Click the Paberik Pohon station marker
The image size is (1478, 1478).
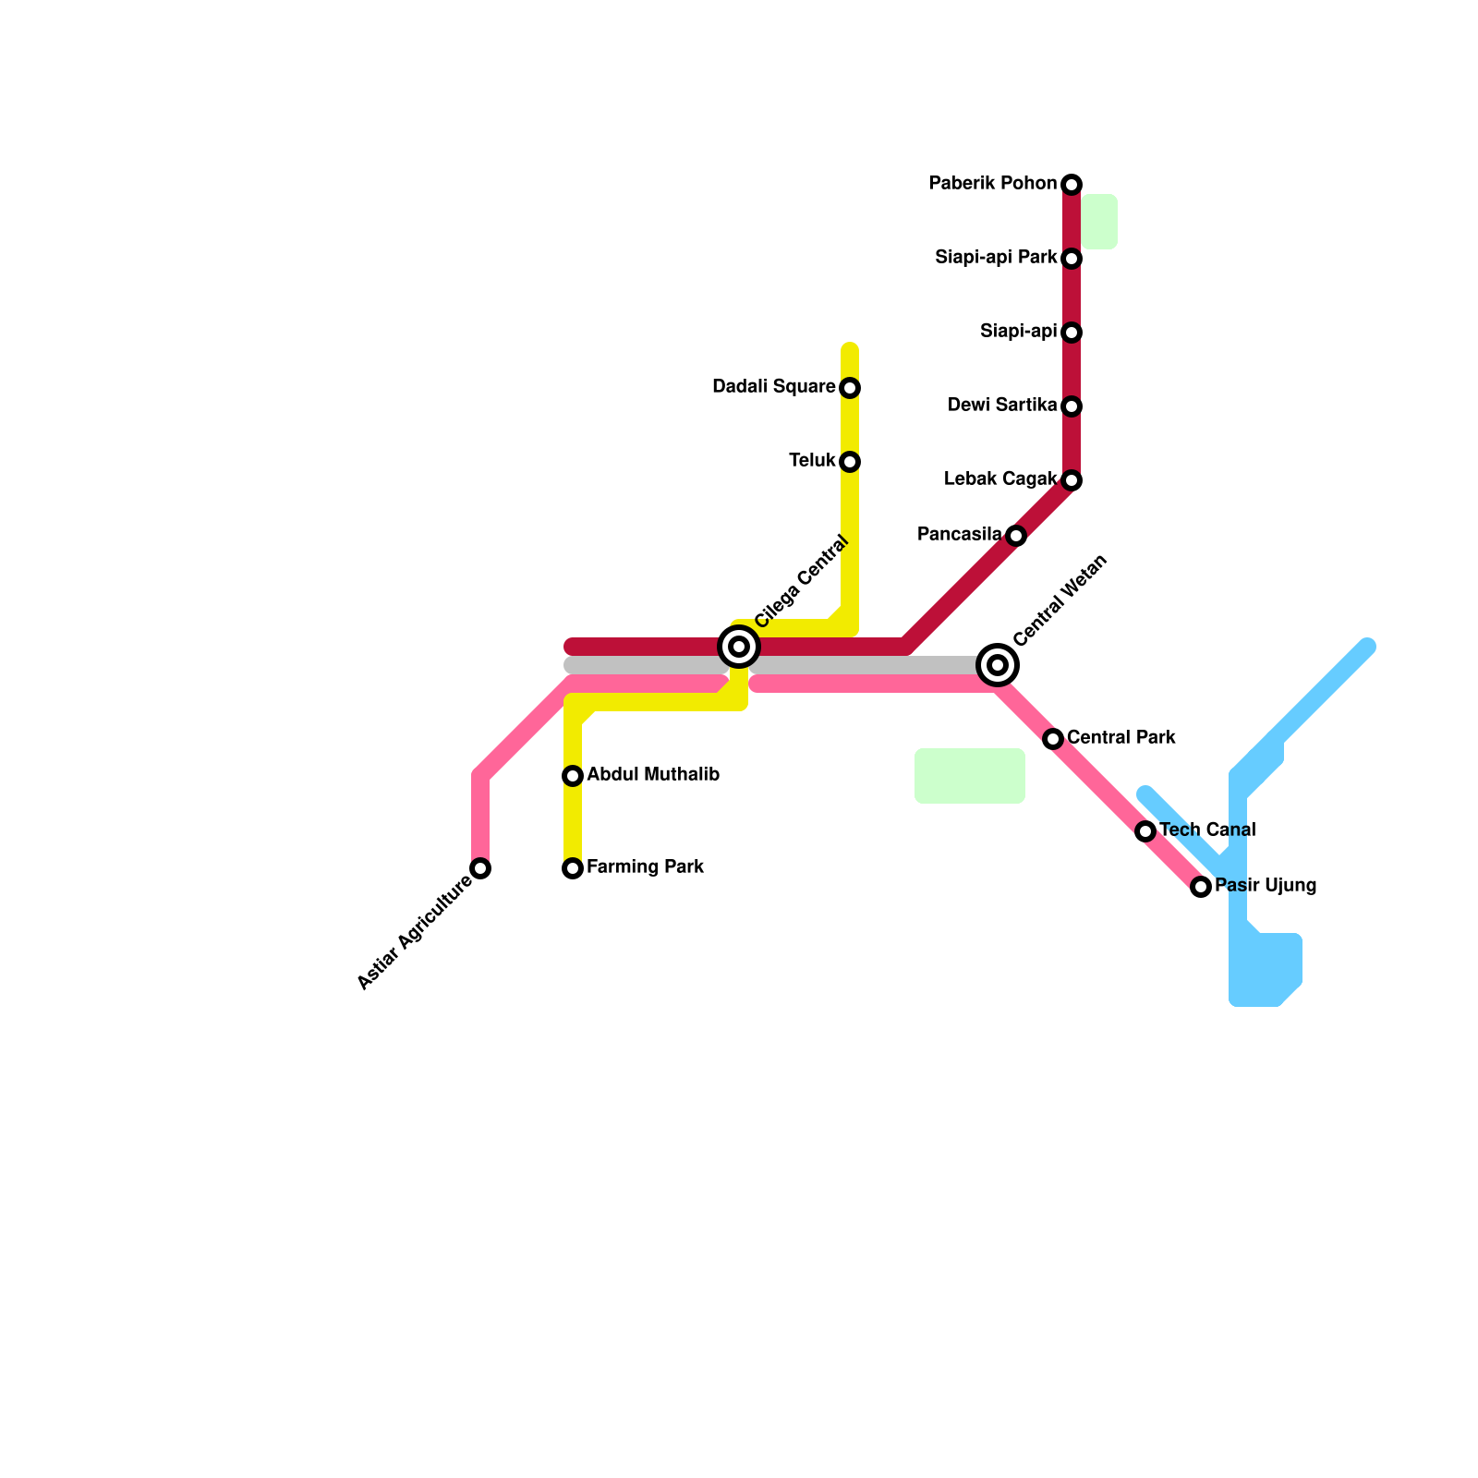(x=1072, y=185)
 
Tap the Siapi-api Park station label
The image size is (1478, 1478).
(x=996, y=258)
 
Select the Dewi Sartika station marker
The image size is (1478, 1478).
(x=1072, y=406)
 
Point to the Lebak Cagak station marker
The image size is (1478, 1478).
(x=1072, y=480)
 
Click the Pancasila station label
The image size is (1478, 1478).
(x=959, y=535)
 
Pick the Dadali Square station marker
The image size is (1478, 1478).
(x=850, y=388)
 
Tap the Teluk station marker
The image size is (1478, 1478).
(x=850, y=462)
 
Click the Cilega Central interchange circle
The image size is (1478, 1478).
(x=739, y=647)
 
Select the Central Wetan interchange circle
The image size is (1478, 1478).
(x=998, y=665)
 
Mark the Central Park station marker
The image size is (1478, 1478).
(x=1053, y=739)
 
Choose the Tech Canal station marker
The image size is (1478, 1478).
(x=1145, y=831)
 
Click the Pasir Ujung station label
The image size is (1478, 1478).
(x=1266, y=886)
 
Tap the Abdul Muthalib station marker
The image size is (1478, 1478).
(x=573, y=776)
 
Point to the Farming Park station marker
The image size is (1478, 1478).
(x=573, y=868)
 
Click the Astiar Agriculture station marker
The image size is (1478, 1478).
(x=480, y=868)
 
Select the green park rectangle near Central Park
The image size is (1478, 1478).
(x=970, y=776)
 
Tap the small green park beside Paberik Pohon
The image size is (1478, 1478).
(x=1099, y=222)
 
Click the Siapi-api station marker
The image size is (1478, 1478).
(x=1072, y=333)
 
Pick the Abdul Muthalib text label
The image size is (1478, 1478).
(x=653, y=775)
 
